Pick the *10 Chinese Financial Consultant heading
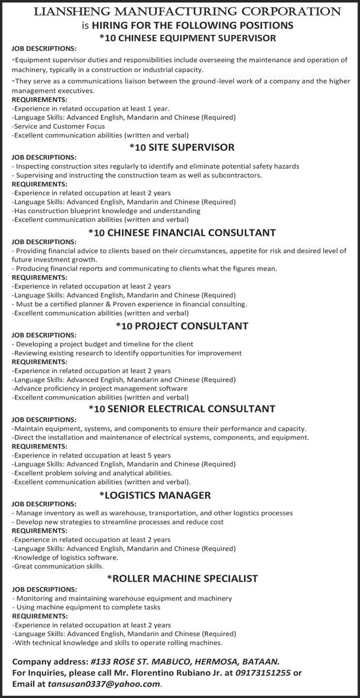click(182, 233)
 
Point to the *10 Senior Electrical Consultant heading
click(182, 408)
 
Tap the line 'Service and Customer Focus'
click(59, 126)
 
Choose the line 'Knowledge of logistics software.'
click(65, 557)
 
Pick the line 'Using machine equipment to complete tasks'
click(86, 607)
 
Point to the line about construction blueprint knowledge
click(106, 210)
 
